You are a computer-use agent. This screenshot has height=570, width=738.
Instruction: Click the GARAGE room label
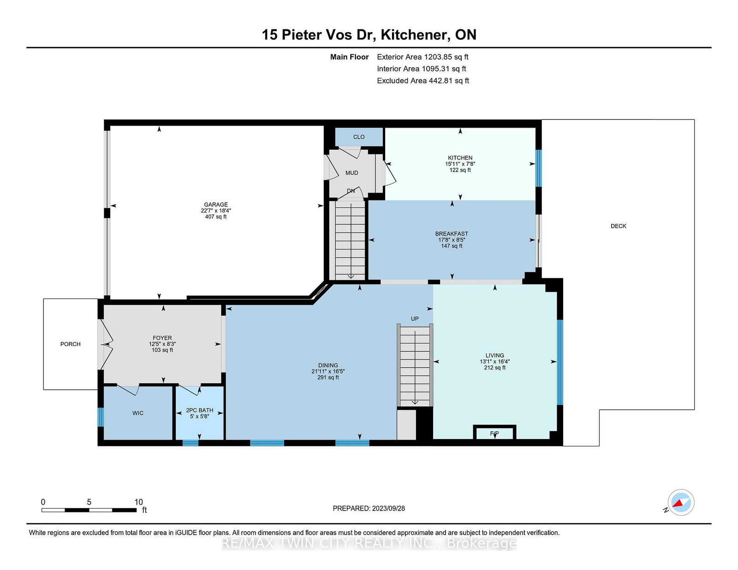[x=216, y=205]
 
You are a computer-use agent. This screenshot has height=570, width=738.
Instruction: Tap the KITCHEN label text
[x=460, y=158]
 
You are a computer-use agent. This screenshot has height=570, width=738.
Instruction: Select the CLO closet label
[x=359, y=137]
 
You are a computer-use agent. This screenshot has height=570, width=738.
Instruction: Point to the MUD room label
[x=352, y=173]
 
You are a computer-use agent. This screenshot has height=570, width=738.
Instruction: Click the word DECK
[x=619, y=226]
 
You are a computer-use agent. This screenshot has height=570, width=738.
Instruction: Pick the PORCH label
[x=71, y=344]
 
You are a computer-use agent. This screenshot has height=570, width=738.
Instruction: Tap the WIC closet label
[x=138, y=413]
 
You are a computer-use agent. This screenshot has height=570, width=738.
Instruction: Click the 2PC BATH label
[x=200, y=411]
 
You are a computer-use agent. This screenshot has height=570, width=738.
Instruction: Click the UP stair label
[x=415, y=319]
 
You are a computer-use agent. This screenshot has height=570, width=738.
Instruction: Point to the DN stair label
[x=351, y=191]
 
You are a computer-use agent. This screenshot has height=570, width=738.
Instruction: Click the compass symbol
[x=681, y=502]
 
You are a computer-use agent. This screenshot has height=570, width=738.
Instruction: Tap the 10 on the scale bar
[x=138, y=502]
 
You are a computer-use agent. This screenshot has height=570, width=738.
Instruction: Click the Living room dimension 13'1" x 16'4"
[x=495, y=362]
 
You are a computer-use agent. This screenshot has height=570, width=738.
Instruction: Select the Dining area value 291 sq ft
[x=328, y=377]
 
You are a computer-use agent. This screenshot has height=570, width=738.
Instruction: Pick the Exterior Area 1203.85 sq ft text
[x=423, y=57]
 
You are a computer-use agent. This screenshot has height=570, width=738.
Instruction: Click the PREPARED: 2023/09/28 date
[x=369, y=508]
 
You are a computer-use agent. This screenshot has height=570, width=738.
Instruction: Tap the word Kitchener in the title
[x=413, y=35]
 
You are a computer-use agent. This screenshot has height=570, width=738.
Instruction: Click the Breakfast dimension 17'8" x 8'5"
[x=452, y=240]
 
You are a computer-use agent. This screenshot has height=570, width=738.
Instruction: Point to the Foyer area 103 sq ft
[x=162, y=350]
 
